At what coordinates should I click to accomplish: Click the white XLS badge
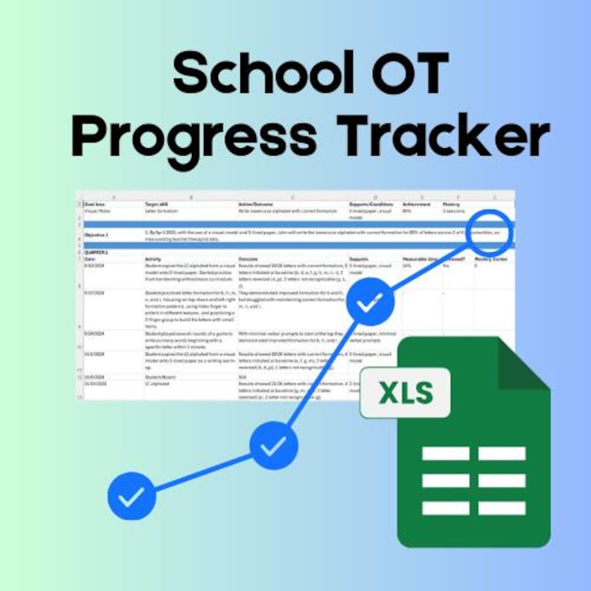click(x=406, y=392)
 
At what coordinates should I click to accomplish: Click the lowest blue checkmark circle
click(x=132, y=496)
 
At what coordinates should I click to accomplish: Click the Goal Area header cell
click(x=95, y=204)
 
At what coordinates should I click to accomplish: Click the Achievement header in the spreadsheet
click(x=416, y=204)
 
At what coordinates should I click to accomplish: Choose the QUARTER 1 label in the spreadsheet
click(x=98, y=252)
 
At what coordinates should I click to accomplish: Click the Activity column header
click(x=153, y=259)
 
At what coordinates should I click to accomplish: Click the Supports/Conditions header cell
click(x=370, y=204)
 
